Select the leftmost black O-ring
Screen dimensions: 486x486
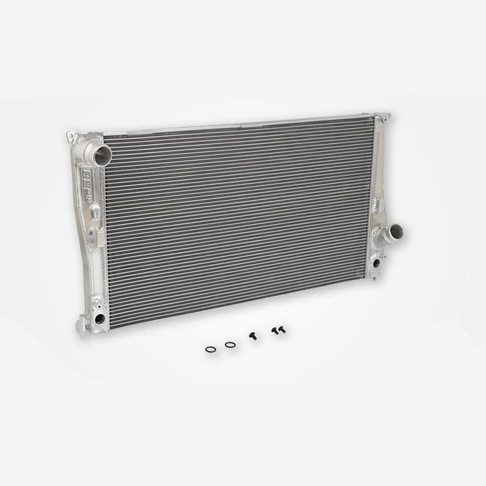coord(211,349)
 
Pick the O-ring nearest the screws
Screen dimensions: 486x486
coord(230,344)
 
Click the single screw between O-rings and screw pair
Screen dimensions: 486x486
coord(252,336)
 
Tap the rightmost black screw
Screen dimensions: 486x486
coord(282,330)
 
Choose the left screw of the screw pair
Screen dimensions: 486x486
coord(275,331)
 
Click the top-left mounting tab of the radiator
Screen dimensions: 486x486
coord(72,137)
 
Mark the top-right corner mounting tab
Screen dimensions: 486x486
coord(384,117)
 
